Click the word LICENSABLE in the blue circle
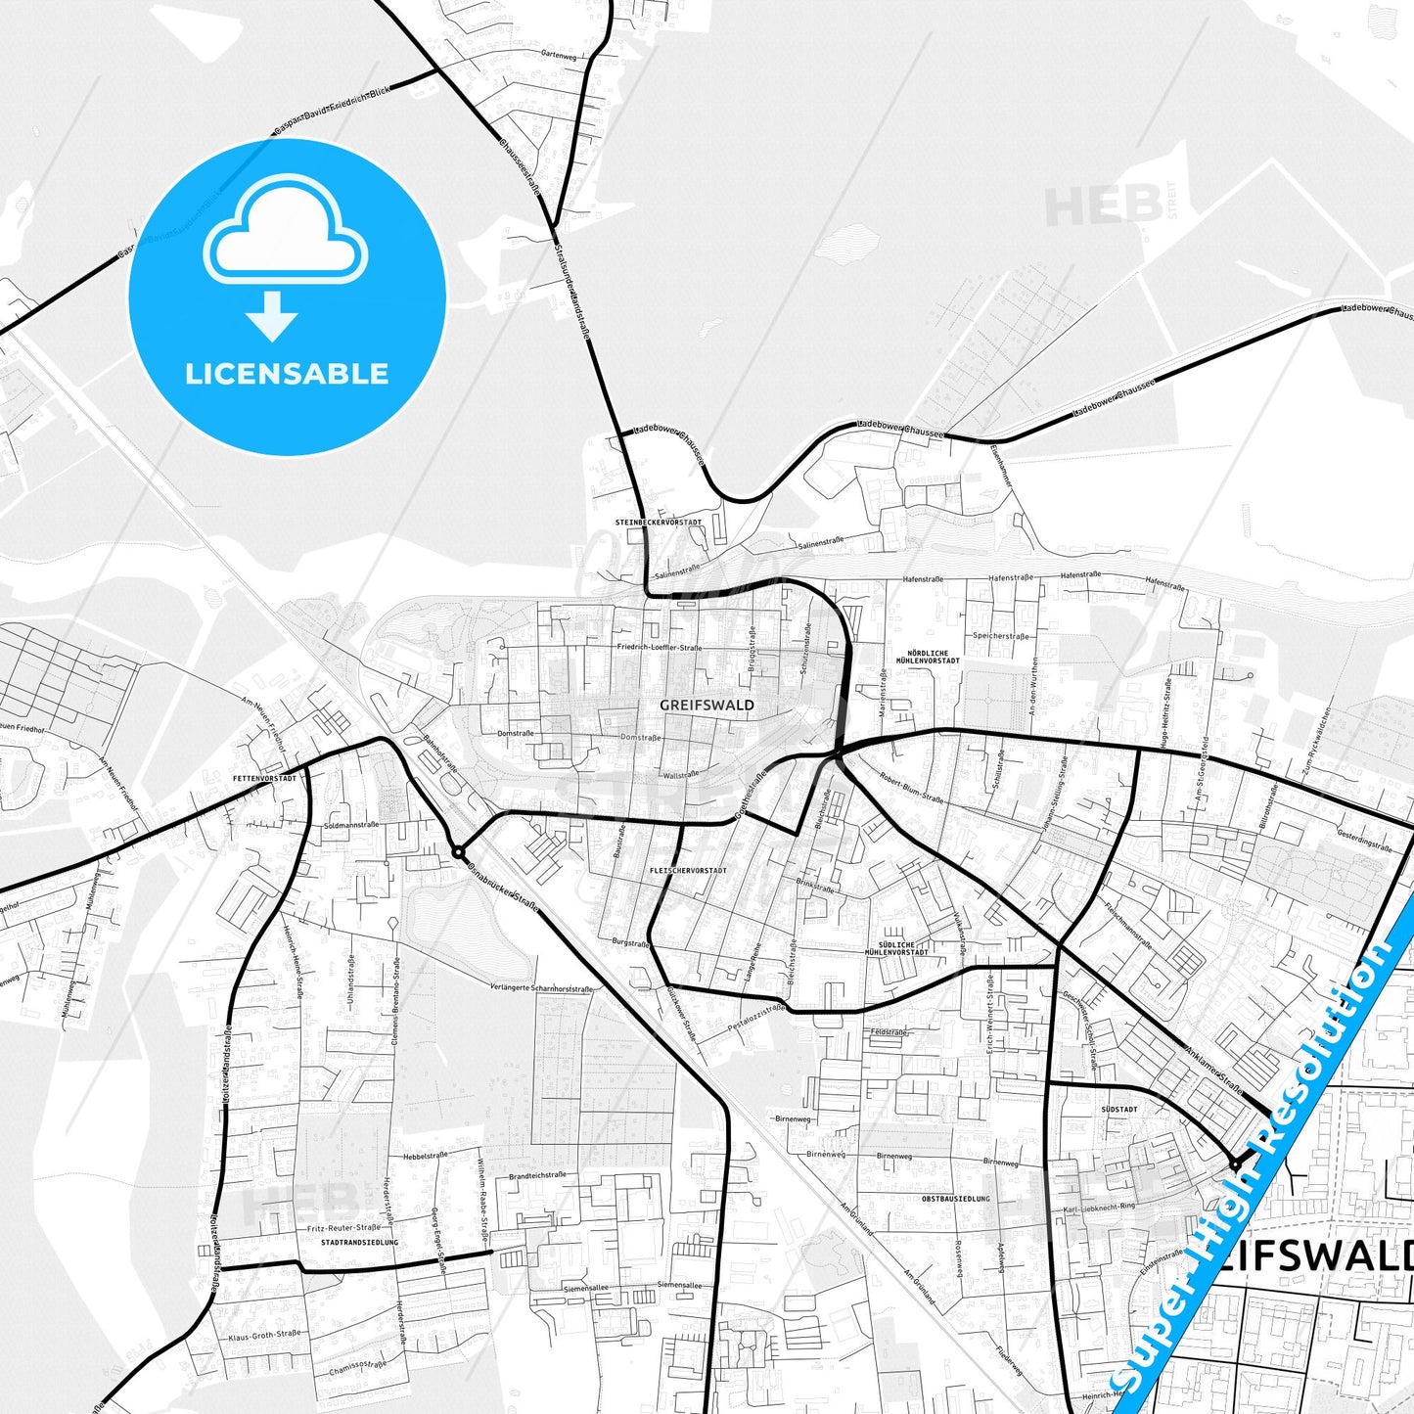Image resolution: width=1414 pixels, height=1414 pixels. coord(287,374)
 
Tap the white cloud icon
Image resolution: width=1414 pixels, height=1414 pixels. coord(285,232)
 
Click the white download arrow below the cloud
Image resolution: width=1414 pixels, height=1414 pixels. coord(272,316)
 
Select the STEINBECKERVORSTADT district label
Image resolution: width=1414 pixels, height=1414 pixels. coord(659,523)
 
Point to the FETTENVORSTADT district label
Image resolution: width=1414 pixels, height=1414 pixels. coord(264,778)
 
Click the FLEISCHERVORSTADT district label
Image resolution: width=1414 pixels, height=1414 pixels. coord(688,870)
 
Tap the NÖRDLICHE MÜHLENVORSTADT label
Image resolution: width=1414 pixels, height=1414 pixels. coord(928,657)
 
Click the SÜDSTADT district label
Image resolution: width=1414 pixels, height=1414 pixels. coord(1119,1110)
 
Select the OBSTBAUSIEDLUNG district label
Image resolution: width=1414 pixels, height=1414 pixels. coord(955,1199)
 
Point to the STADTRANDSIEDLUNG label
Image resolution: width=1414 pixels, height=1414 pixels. coord(360,1243)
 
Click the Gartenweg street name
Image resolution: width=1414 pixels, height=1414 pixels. coord(559,56)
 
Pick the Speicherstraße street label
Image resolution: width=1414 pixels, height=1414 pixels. coord(1000,636)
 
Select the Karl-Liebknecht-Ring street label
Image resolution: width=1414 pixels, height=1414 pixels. coord(1099,1208)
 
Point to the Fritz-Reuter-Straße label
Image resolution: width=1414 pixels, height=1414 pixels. coord(343,1227)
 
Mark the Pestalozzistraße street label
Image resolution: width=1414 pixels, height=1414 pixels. coord(756,1018)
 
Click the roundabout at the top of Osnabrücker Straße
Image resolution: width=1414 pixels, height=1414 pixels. coord(458,853)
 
